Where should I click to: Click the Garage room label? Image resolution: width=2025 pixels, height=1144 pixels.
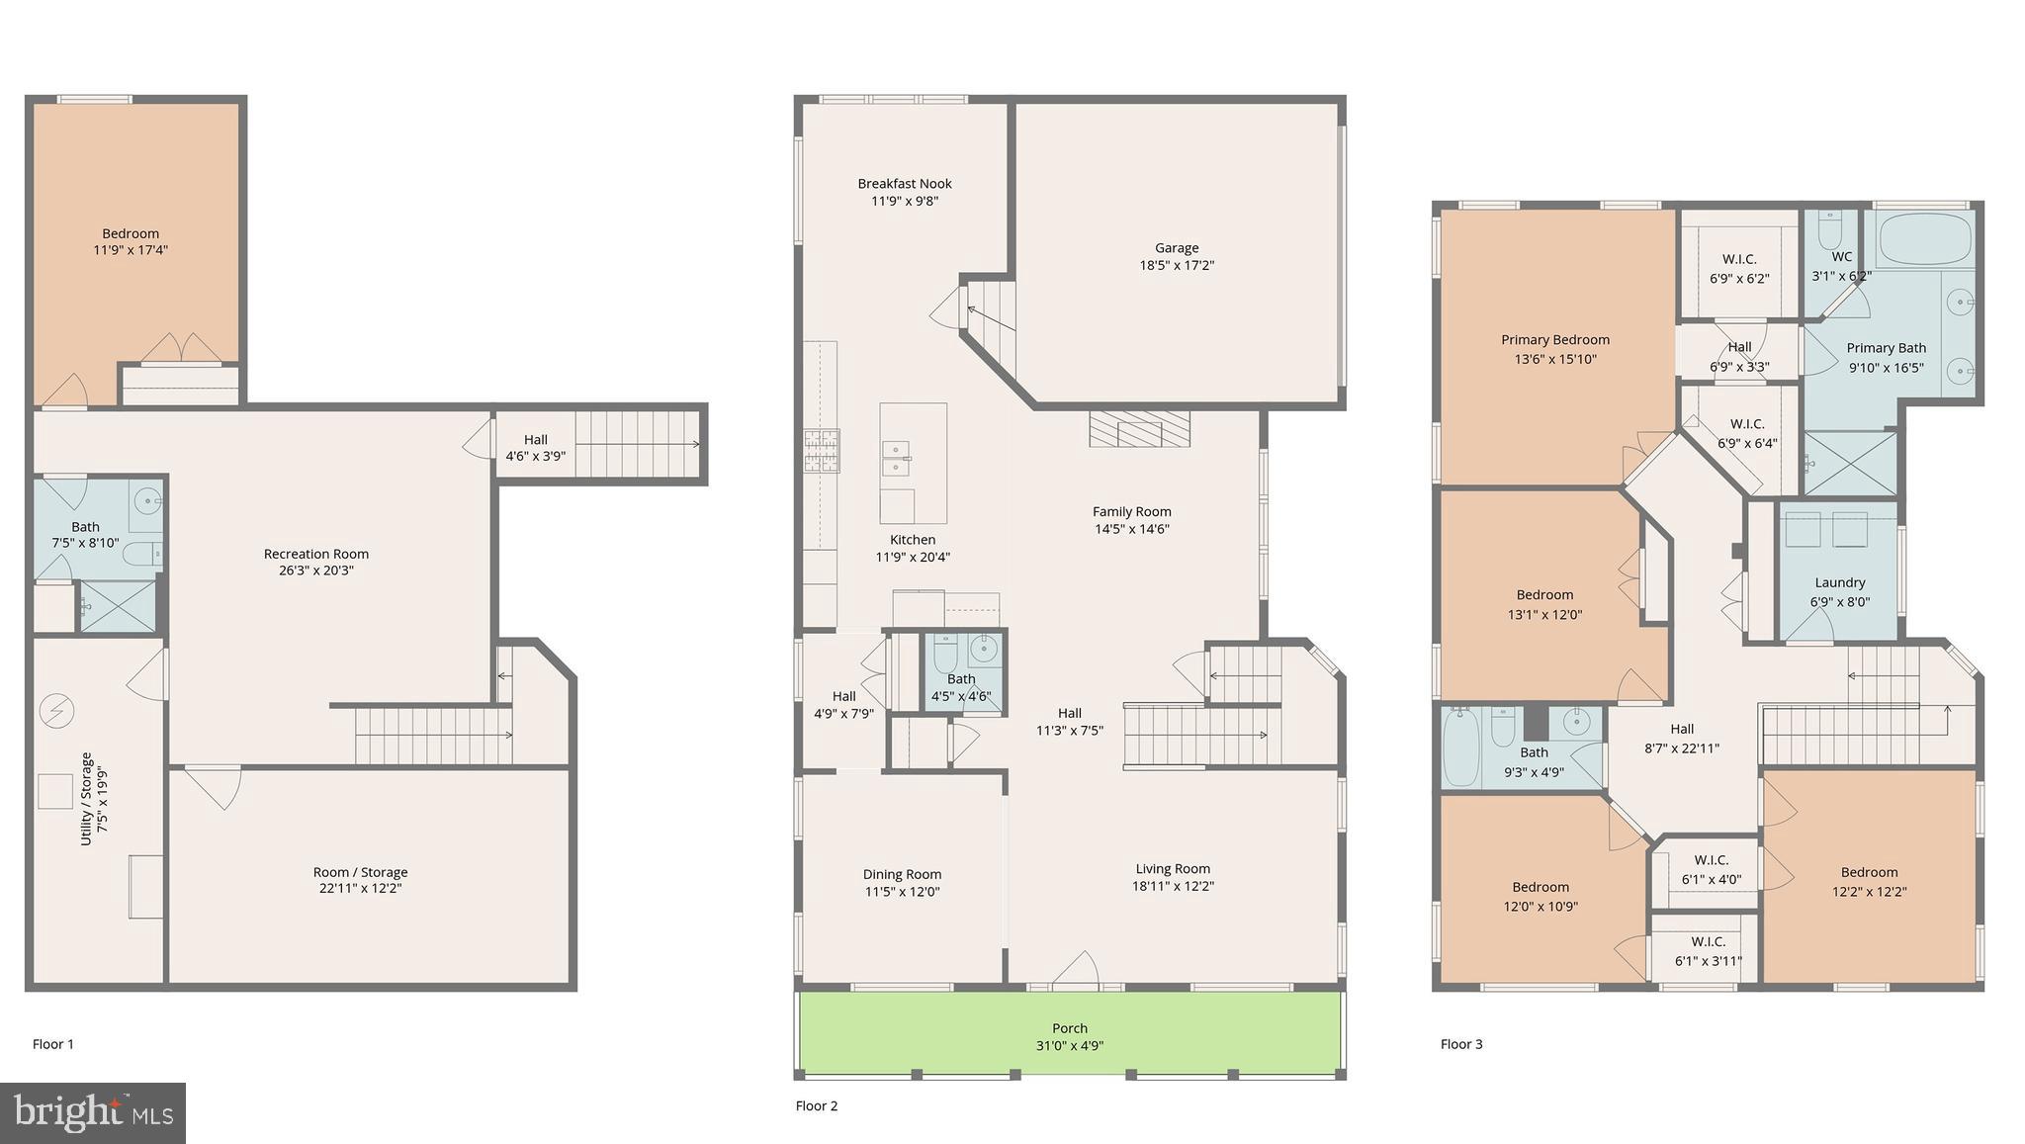pos(1176,248)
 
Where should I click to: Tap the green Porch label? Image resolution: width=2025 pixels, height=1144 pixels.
pos(1070,1028)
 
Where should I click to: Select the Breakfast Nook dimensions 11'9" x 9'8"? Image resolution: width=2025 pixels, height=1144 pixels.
pos(904,201)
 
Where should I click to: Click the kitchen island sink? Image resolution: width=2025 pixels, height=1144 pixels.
pos(896,460)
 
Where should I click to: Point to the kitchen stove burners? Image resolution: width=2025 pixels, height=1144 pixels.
pos(821,450)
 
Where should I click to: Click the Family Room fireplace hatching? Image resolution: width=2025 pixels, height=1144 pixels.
pos(1139,429)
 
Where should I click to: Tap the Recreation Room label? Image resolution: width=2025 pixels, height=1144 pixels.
pos(315,554)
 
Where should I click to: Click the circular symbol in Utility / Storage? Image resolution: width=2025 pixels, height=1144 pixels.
pos(56,710)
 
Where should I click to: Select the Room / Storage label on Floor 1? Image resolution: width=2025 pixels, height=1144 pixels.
pos(360,872)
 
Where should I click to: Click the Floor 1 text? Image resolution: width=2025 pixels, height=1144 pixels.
pos(53,1044)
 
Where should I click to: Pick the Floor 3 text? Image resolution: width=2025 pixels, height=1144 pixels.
pos(1461,1044)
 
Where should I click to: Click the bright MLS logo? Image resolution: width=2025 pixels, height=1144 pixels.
pos(93,1113)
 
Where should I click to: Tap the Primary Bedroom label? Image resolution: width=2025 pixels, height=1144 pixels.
pos(1554,340)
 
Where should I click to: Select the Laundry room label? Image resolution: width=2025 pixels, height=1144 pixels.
pos(1839,583)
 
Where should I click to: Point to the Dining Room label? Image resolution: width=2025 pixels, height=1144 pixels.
pos(902,874)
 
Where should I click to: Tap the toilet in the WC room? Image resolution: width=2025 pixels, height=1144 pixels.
pos(1829,231)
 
